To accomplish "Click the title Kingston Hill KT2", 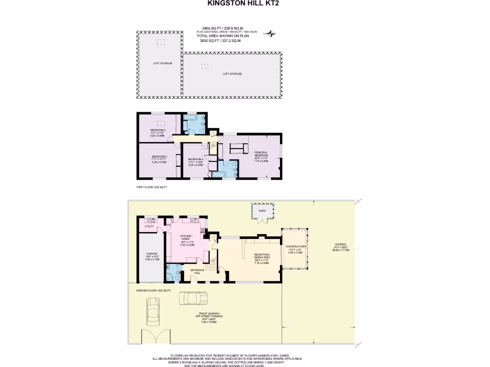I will pos(243,3).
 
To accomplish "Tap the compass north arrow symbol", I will pos(272,33).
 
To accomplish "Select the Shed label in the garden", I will pos(262,210).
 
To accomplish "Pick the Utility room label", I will pos(149,226).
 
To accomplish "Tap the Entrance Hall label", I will pos(198,271).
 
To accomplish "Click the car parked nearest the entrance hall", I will pos(194,298).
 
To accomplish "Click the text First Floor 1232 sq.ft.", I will pos(152,187).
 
